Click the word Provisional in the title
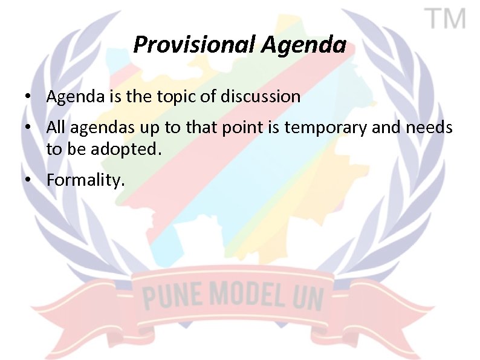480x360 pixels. [x=194, y=44]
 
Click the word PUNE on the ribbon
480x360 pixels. [x=169, y=297]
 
